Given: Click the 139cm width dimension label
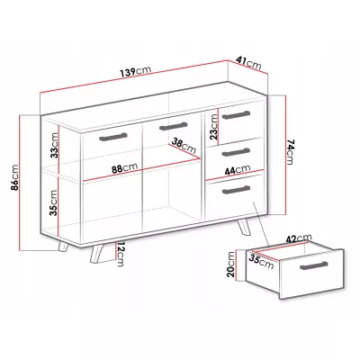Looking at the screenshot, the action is [136, 72].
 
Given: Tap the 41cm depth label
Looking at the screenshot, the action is [248, 63].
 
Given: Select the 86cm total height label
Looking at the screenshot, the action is [14, 177].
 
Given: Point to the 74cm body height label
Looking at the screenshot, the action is [291, 151].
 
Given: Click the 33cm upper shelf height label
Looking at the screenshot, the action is [54, 145].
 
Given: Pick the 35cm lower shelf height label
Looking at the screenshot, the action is [53, 202].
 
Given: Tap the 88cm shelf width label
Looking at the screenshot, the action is [124, 168].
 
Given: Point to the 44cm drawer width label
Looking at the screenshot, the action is [238, 170].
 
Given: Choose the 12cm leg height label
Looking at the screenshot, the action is [120, 254].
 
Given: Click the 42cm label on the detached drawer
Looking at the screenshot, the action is [299, 238].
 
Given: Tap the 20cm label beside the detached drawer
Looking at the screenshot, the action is [230, 264].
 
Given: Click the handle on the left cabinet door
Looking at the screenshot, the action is [113, 136].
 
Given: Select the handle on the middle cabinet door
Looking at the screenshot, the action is [174, 126].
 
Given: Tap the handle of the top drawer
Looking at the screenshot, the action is [236, 114].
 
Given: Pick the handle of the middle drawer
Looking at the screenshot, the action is [236, 152].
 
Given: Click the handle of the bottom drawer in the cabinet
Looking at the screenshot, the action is [236, 190].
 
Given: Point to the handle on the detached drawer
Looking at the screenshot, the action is [314, 265].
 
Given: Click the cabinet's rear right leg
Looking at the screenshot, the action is [245, 227].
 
